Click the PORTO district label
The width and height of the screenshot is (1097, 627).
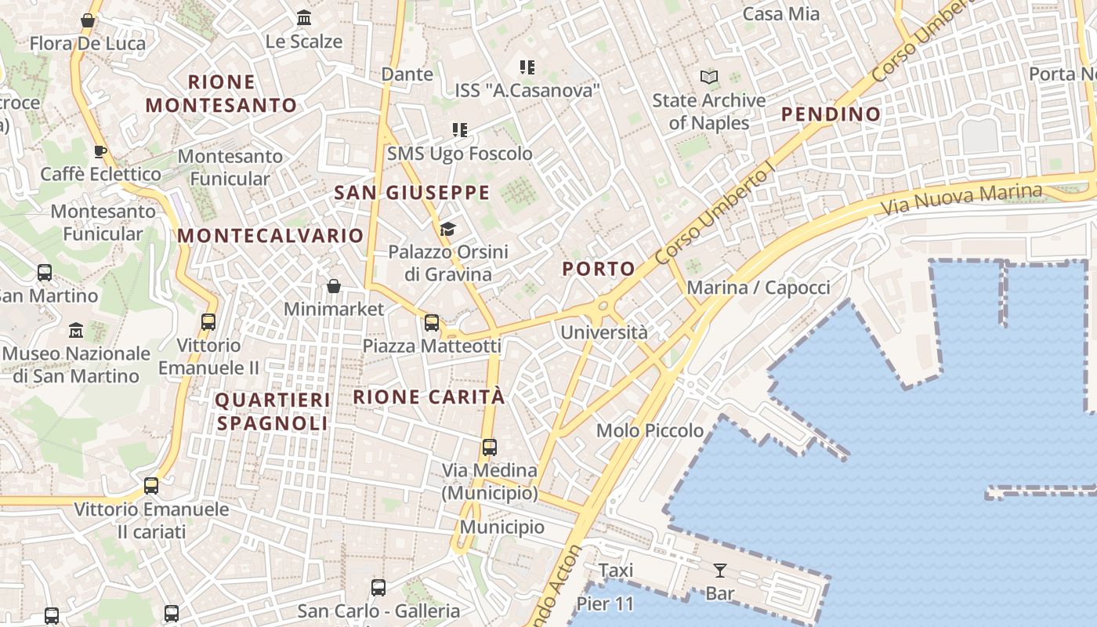point(599,269)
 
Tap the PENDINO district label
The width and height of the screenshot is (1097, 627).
point(831,114)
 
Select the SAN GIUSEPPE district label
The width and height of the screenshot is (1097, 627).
point(412,193)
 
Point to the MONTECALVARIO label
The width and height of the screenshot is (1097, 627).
point(270,236)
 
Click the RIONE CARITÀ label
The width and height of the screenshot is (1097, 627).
point(429,397)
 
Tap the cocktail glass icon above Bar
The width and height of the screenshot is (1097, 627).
point(719,571)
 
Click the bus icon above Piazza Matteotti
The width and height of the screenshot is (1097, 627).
point(432,323)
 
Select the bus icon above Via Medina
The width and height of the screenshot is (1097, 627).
point(490,448)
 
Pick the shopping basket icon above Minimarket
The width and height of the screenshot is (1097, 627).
point(334,286)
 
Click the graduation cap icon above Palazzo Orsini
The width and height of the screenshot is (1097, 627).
point(447,229)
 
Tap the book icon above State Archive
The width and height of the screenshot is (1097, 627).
point(709,78)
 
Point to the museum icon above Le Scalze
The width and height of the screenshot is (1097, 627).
point(304,18)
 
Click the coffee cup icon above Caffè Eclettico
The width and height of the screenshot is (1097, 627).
point(100,151)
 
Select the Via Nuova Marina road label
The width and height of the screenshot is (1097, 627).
point(961,201)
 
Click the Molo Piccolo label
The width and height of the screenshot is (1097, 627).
point(650,430)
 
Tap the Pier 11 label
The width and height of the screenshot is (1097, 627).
point(605,604)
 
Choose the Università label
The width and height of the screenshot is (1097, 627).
point(604,332)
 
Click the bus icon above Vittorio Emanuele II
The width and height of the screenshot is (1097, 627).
point(208,321)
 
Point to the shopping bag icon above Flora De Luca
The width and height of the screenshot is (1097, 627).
point(88,20)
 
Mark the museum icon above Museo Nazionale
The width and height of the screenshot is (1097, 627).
point(76,330)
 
